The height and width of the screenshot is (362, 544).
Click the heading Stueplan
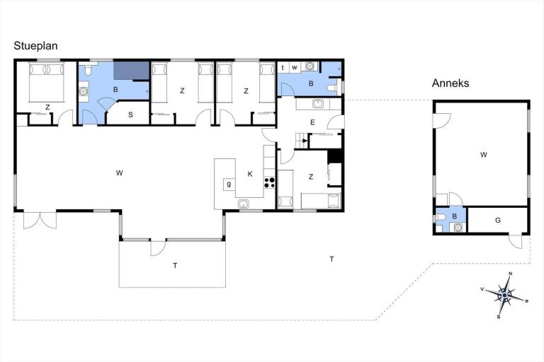tap(35, 46)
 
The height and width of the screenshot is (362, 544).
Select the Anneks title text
tap(450, 83)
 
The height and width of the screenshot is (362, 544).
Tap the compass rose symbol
tap(504, 295)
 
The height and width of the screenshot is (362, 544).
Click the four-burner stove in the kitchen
tap(269, 182)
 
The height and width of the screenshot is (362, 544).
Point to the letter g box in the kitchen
tap(229, 185)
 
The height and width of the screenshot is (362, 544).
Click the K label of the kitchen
tap(250, 174)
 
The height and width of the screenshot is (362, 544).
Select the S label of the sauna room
tap(130, 115)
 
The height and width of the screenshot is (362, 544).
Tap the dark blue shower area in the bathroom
tap(132, 71)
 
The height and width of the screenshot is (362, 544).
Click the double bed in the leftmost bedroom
tap(47, 83)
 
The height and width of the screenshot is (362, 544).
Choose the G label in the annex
tap(498, 221)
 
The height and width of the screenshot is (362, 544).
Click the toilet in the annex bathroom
tap(441, 217)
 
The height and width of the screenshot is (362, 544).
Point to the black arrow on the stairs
tap(305, 141)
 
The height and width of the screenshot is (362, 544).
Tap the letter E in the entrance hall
tap(312, 122)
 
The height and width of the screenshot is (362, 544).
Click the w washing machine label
tap(295, 67)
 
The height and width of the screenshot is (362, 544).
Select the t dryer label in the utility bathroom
tap(283, 67)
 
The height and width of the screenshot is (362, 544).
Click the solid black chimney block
tap(335, 156)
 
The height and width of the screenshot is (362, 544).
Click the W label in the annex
tap(484, 155)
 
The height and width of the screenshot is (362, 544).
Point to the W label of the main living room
tap(119, 173)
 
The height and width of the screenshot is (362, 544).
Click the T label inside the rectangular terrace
tap(175, 266)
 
